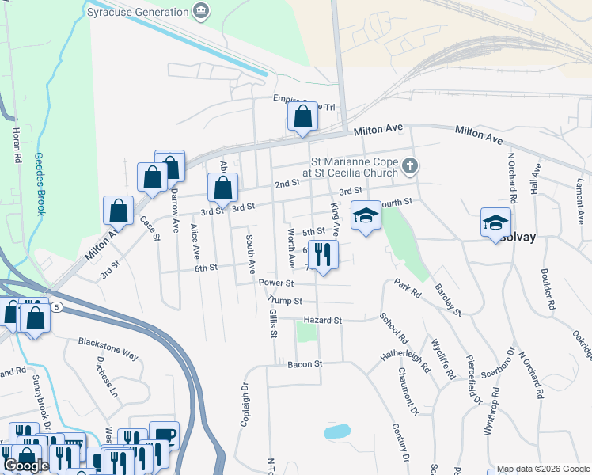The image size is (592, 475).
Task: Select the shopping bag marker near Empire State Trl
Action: coord(302,117)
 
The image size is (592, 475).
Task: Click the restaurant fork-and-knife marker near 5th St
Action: coord(322,255)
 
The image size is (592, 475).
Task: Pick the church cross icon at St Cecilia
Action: coord(409,166)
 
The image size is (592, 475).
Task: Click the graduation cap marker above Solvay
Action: coord(495,222)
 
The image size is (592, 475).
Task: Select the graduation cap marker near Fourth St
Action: coord(365,216)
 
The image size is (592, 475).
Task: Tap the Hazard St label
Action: coord(321,321)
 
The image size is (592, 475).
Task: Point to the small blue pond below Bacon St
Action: coord(337,431)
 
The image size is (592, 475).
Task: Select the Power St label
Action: coord(276,283)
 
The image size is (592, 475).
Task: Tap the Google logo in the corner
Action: coord(26,465)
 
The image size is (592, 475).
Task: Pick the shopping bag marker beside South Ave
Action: coord(223,188)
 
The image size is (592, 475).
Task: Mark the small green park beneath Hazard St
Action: coord(305,332)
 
